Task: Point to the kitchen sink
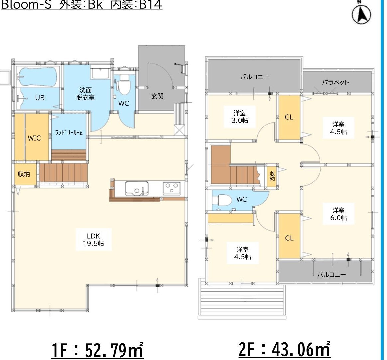coord(137,189)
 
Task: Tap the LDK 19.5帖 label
coord(94,240)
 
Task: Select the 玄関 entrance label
coord(157,96)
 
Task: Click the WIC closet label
coord(34,138)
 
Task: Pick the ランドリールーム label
coord(69,133)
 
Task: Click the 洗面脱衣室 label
coord(85,94)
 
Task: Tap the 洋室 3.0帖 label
coord(240,117)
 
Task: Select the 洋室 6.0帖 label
coord(339,214)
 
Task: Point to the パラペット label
coord(336,82)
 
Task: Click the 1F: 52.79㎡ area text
coord(97,350)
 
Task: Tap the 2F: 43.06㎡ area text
coord(284,349)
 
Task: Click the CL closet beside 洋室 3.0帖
coord(289,117)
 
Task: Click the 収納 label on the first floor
coord(24,174)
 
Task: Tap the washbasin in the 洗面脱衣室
coord(100,73)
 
